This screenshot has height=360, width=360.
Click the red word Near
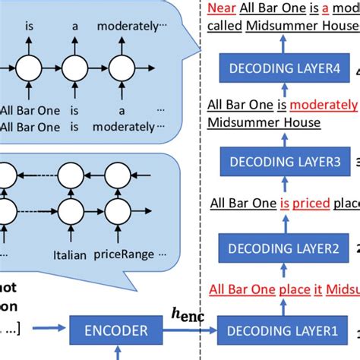pyautogui.click(x=221, y=9)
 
